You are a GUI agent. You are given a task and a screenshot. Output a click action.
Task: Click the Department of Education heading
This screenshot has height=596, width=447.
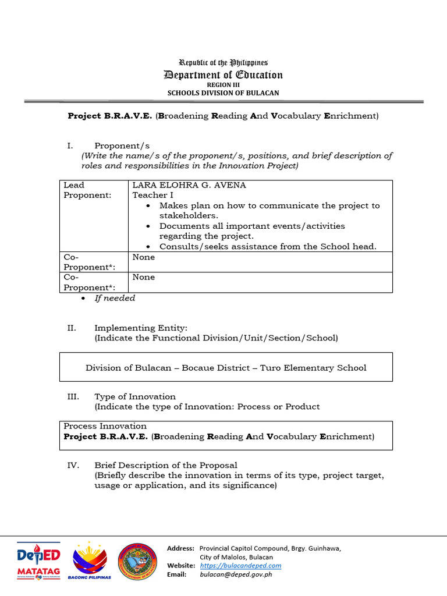[x=223, y=74]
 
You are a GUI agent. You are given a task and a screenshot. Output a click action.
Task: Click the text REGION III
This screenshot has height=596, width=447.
[x=223, y=84]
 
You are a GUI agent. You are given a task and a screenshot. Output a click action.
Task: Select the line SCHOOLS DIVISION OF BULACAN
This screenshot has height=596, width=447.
[x=223, y=93]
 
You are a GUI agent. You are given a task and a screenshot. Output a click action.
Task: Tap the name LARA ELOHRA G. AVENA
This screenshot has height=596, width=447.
[x=189, y=185]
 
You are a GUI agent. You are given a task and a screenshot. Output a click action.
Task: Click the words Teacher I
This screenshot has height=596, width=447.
[x=152, y=196]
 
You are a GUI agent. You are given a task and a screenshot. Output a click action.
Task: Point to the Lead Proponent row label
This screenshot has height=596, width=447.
[x=87, y=190]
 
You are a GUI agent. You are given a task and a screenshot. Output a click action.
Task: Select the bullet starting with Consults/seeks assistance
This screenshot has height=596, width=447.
[x=268, y=246]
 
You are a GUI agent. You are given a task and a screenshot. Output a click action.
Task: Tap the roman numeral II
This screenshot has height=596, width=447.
[x=72, y=328]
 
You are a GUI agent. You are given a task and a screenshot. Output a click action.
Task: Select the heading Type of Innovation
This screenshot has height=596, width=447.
[x=135, y=397]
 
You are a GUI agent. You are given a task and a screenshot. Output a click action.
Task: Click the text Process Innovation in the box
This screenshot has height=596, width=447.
[x=105, y=426]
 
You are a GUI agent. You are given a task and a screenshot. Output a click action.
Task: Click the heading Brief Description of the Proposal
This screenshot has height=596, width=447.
[x=166, y=465]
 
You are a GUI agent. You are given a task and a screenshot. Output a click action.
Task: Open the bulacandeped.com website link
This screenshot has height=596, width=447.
[x=240, y=565]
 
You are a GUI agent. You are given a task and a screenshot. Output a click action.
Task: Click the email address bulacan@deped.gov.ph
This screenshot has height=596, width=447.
[x=236, y=574]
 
